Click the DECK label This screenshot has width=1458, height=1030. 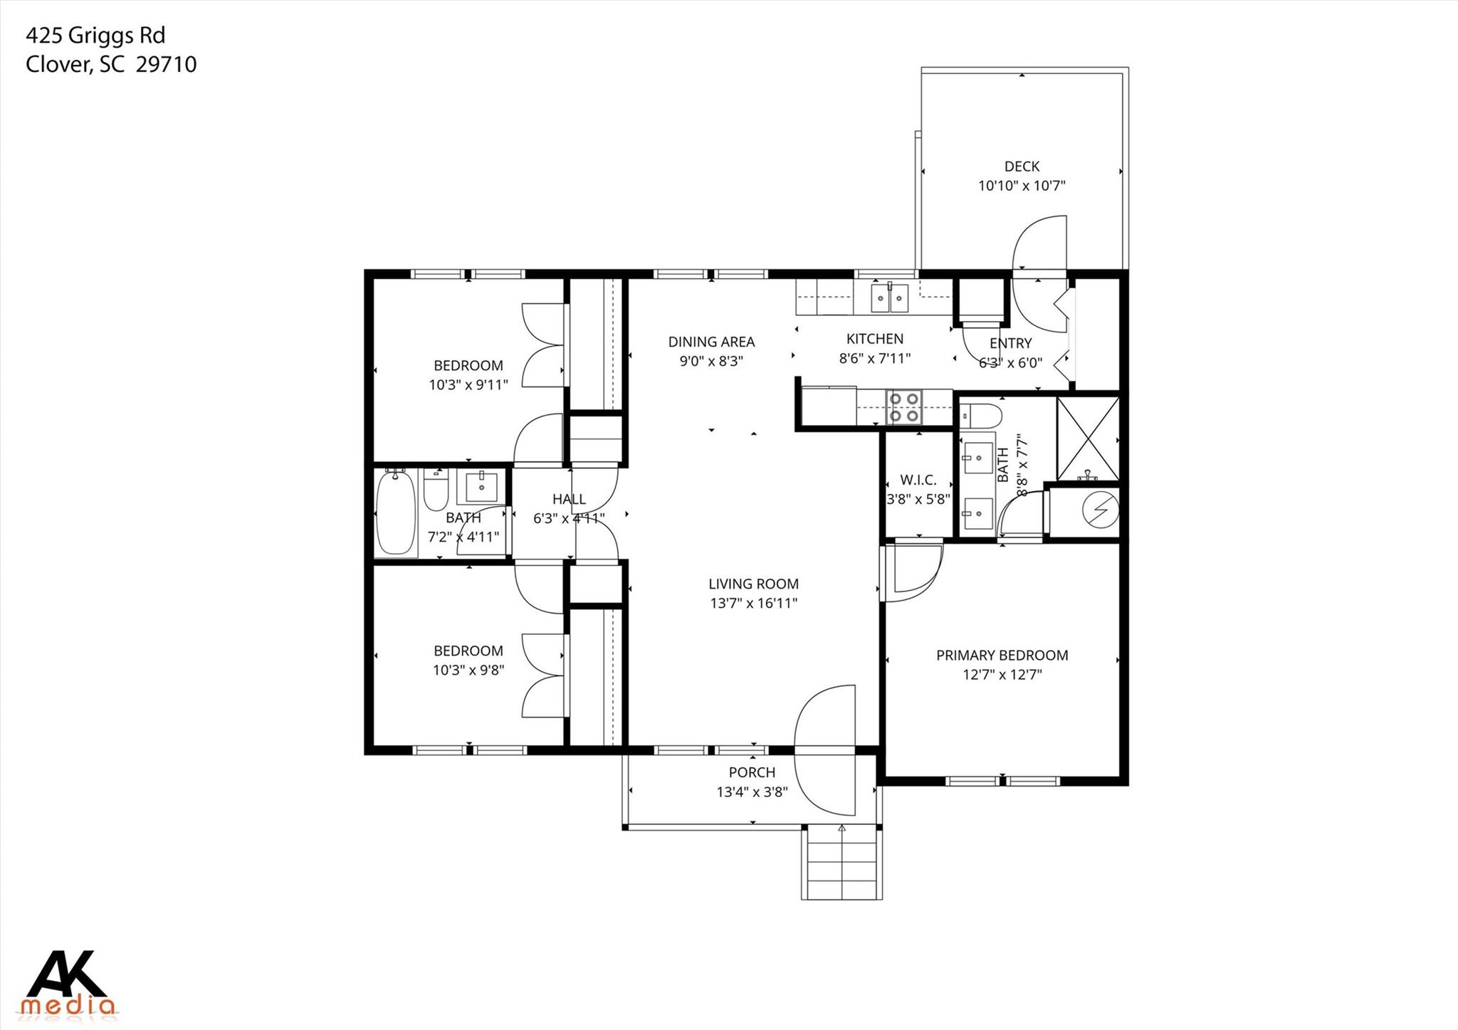(1022, 167)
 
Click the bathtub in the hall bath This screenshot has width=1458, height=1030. (395, 512)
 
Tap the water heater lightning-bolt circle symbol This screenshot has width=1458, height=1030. (1100, 510)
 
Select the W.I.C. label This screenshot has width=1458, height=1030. (918, 480)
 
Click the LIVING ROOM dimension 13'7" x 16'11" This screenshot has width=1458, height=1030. (753, 604)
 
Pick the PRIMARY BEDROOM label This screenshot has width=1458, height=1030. (1002, 655)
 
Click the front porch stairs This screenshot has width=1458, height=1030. (841, 863)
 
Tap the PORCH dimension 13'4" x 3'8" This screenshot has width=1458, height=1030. (752, 792)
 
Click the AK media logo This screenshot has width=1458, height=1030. (69, 983)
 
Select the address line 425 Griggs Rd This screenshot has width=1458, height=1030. (95, 35)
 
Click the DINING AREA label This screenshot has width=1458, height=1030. (711, 342)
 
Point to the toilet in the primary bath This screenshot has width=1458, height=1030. (981, 414)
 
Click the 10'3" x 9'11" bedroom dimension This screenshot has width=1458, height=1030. (468, 385)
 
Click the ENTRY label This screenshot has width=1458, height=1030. (1010, 343)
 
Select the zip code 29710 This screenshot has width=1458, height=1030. (166, 65)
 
